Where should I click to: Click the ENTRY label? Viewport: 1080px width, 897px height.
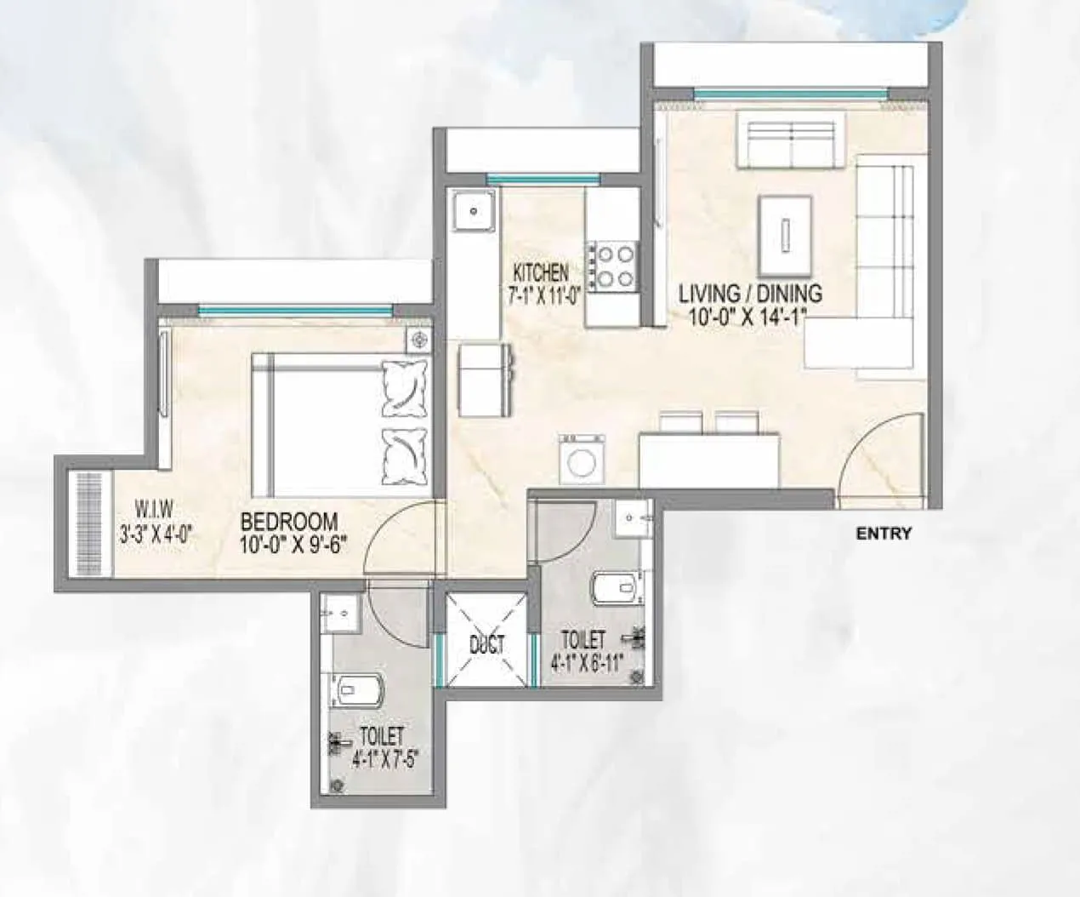click(x=884, y=534)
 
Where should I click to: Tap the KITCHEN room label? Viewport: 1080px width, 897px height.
click(x=540, y=273)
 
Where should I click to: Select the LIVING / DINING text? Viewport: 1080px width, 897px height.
click(x=750, y=294)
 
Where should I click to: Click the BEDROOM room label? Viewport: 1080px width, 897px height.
click(x=289, y=520)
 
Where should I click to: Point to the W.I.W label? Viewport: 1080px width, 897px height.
click(x=154, y=510)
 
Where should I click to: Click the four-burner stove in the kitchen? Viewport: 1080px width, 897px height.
click(x=611, y=266)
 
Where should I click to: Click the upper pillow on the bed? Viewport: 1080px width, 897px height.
click(x=404, y=387)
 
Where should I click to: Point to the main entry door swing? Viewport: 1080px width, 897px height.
click(x=880, y=460)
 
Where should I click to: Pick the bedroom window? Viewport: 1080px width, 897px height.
click(x=295, y=311)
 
